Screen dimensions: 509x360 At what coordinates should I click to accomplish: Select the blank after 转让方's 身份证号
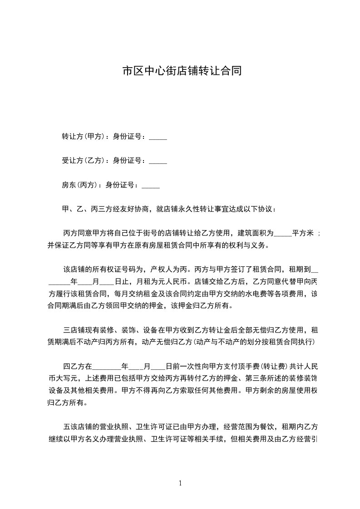pyautogui.click(x=158, y=137)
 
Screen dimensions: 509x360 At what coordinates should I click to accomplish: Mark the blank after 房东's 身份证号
pyautogui.click(x=151, y=186)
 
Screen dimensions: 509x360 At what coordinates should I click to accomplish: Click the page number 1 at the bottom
pyautogui.click(x=180, y=483)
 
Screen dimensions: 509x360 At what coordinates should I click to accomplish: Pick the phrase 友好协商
pyautogui.click(x=136, y=209)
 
